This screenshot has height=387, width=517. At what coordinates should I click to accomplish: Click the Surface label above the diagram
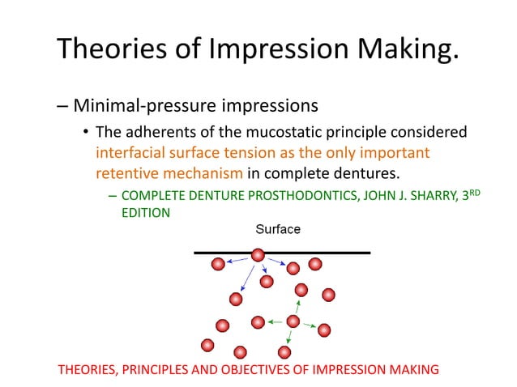(x=278, y=229)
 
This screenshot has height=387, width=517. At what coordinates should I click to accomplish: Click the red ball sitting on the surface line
(x=258, y=255)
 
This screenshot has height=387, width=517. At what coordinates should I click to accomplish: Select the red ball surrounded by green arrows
(x=293, y=321)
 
